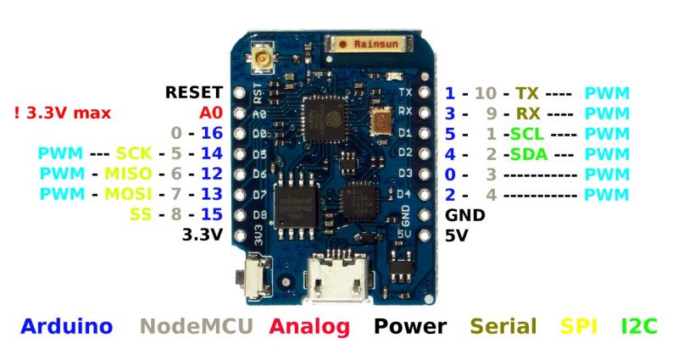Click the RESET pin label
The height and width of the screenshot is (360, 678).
click(194, 92)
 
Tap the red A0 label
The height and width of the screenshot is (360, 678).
click(210, 113)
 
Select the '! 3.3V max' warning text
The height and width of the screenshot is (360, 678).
click(63, 114)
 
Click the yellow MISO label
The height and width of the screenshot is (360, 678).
click(128, 174)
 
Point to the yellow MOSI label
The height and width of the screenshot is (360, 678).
click(128, 194)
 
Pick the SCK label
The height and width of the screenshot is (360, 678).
click(134, 153)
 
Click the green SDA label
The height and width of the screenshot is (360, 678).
click(528, 154)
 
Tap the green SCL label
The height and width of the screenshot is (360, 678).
click(527, 134)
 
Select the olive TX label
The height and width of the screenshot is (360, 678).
click(526, 93)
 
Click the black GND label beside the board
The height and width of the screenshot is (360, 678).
click(464, 215)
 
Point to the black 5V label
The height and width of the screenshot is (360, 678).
click(457, 235)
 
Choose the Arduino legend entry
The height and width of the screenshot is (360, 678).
click(67, 326)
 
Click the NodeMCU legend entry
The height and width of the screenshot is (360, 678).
click(197, 326)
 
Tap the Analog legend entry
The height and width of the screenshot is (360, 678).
click(309, 327)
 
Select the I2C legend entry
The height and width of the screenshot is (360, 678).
click(639, 326)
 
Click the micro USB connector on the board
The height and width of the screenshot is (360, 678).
click(337, 280)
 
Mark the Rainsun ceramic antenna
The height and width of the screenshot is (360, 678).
click(369, 44)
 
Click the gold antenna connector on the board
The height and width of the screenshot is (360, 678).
click(260, 57)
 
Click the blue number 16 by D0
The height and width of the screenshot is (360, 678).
click(212, 133)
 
